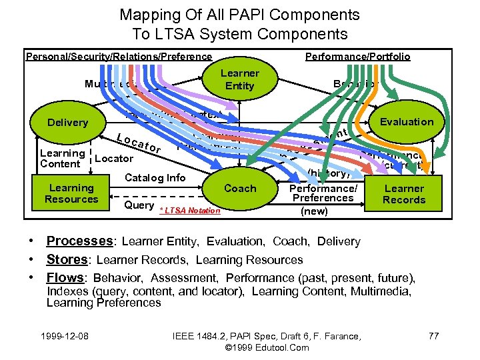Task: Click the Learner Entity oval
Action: [x=240, y=79]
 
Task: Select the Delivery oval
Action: [x=67, y=122]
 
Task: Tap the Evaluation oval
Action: [x=406, y=121]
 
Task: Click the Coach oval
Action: [x=240, y=188]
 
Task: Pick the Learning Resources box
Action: [x=71, y=193]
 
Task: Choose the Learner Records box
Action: [x=404, y=194]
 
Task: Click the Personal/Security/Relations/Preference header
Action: [x=119, y=57]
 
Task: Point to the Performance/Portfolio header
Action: [x=357, y=57]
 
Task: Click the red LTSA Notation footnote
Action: [x=190, y=211]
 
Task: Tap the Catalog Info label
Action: [x=155, y=177]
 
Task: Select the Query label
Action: [x=139, y=205]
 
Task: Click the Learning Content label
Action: [x=62, y=159]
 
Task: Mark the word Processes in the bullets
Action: [x=79, y=241]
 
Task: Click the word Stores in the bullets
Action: [x=67, y=259]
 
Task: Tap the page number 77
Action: [x=433, y=335]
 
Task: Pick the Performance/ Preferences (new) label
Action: [x=323, y=198]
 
